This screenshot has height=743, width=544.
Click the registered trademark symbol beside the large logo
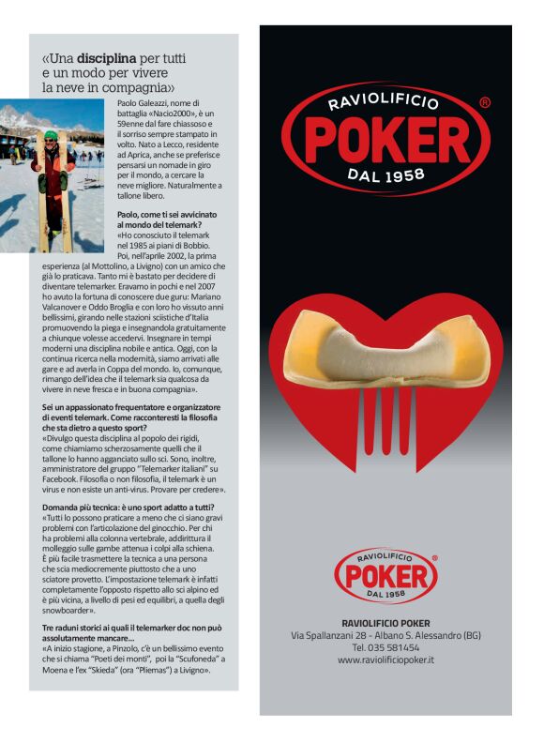click(x=484, y=102)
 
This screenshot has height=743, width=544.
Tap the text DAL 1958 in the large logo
click(x=385, y=174)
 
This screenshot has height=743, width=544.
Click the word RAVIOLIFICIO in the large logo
click(x=385, y=100)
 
